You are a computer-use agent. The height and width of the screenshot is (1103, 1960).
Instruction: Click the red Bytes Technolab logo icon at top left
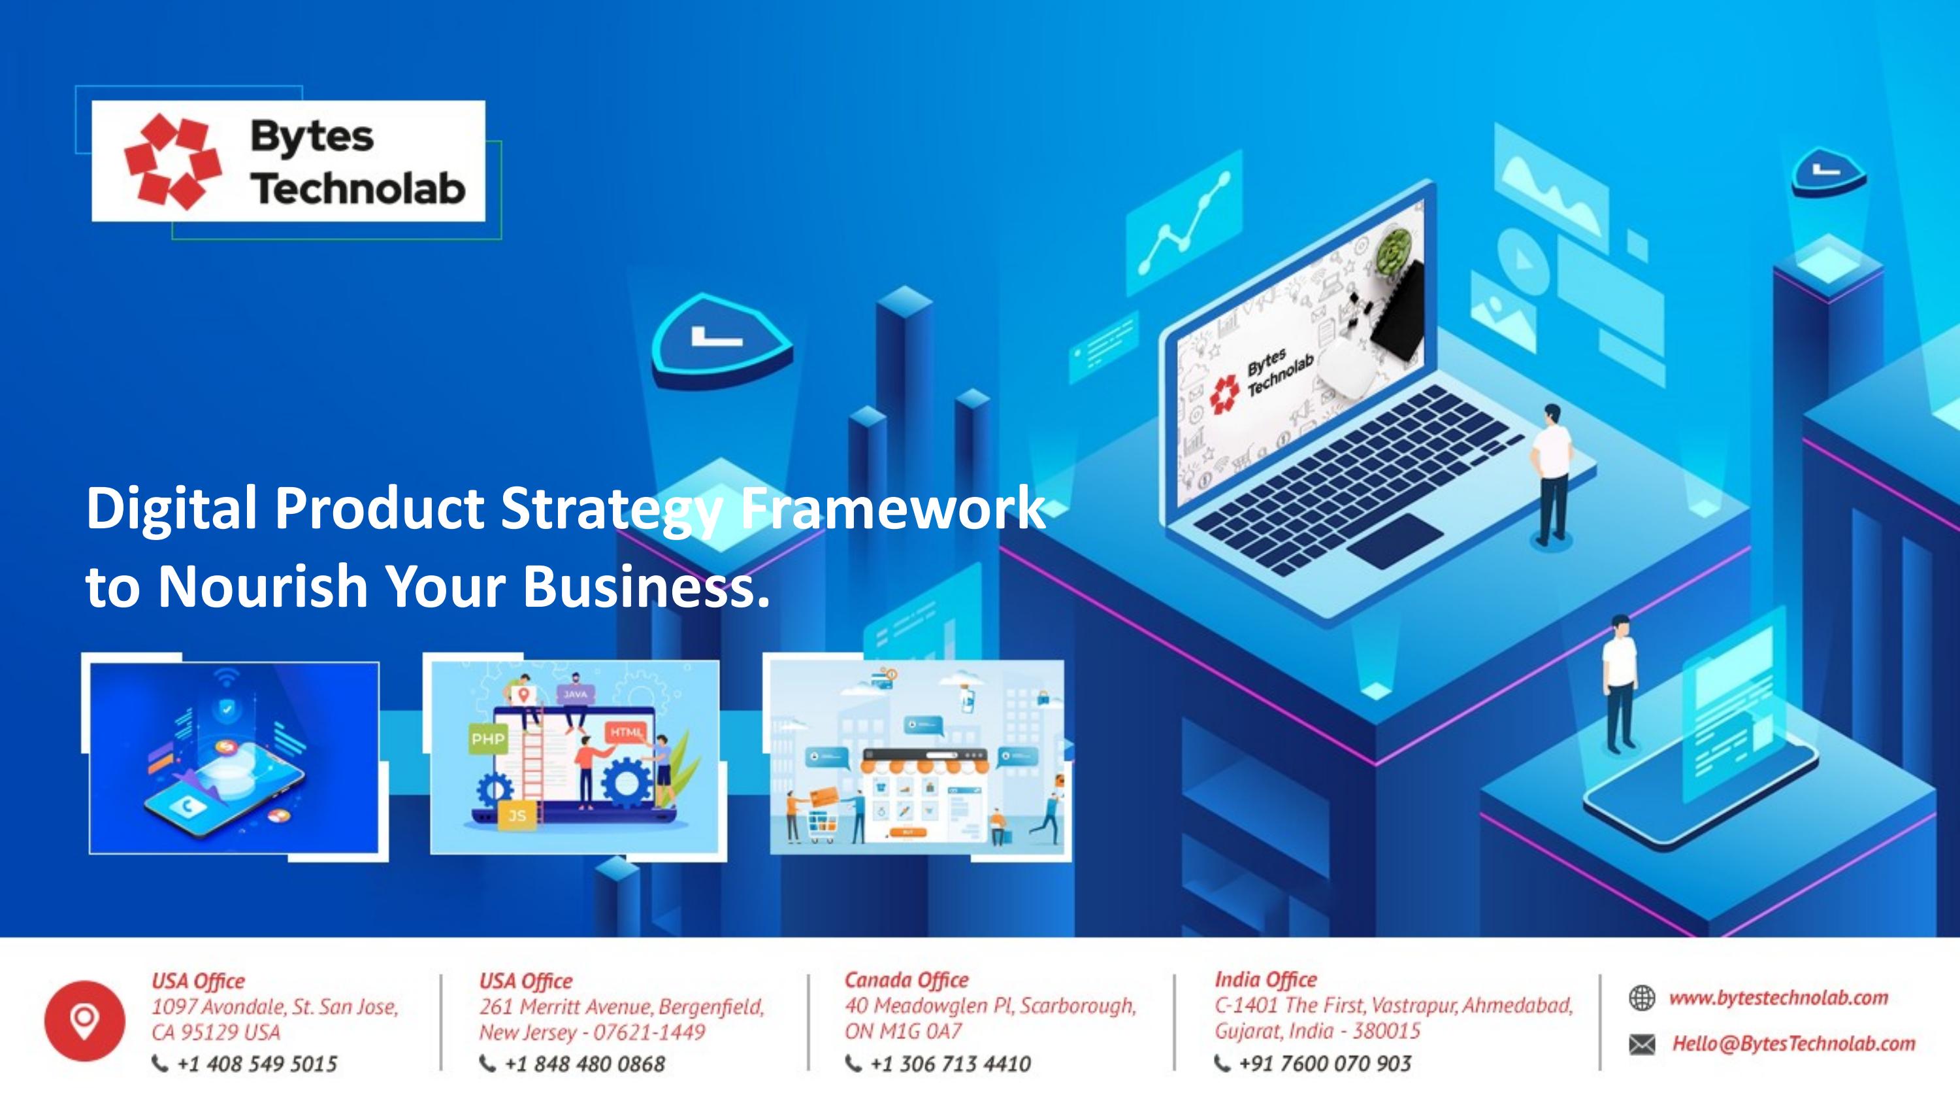[172, 161]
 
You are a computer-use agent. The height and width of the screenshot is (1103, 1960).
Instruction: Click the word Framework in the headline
[892, 509]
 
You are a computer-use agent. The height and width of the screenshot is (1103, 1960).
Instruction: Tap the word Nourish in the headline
[263, 587]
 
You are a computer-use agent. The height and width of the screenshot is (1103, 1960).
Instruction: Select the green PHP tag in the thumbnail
[488, 739]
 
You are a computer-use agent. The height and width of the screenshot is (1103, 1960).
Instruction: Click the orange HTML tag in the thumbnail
[626, 732]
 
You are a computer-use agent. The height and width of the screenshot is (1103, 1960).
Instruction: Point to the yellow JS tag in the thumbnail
[517, 816]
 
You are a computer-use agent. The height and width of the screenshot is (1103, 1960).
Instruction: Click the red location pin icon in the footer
[84, 1020]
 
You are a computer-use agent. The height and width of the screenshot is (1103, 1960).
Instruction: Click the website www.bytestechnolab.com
[1778, 997]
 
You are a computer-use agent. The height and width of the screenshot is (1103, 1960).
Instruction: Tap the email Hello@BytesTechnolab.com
[1793, 1043]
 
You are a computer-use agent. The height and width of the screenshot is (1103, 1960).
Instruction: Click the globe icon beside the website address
[1642, 997]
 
